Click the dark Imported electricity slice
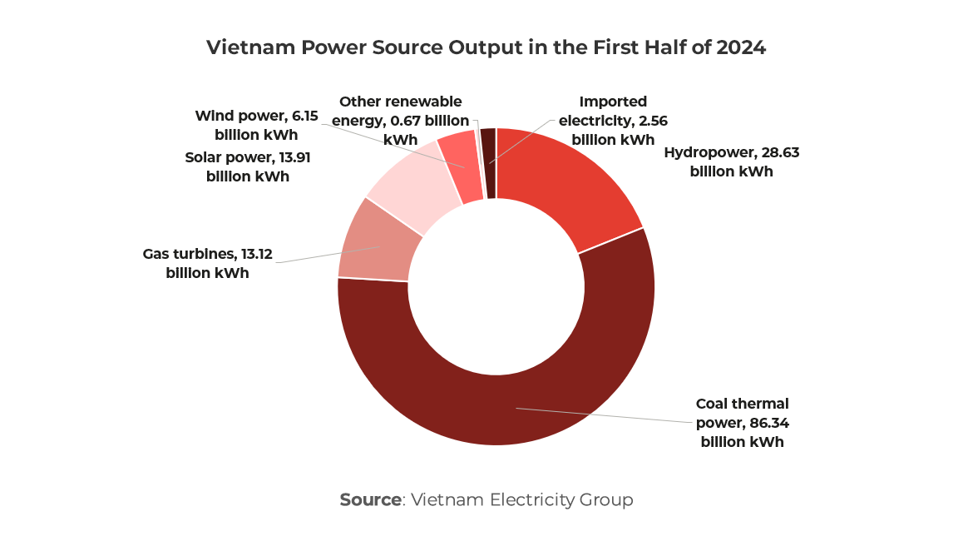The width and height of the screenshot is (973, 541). click(488, 162)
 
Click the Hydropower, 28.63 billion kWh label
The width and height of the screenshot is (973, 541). click(731, 162)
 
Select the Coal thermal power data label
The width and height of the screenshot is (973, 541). click(742, 423)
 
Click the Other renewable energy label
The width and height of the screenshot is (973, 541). click(400, 121)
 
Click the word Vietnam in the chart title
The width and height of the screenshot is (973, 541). click(241, 47)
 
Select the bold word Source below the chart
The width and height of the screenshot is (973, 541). click(370, 500)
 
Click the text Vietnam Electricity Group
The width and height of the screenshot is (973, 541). click(522, 500)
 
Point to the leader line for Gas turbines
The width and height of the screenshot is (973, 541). click(324, 256)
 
